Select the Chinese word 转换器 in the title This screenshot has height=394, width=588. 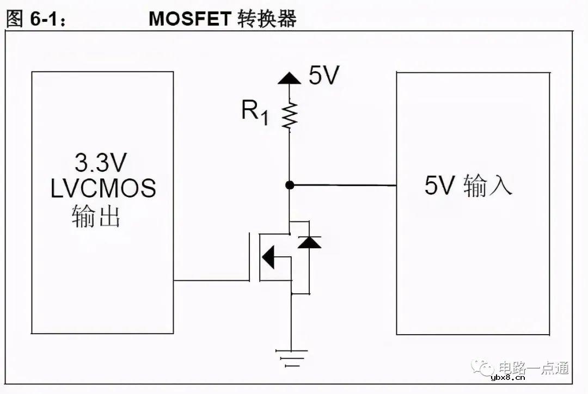point(267,19)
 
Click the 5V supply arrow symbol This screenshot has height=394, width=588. point(289,78)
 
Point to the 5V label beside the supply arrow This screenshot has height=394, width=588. point(324,76)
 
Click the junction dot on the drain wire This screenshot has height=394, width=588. point(290,185)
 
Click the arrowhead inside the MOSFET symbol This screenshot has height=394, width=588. point(268,257)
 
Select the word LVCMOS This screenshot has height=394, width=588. point(103,188)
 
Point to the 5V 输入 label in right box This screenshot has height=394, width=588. point(468,186)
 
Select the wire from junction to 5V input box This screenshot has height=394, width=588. point(343,185)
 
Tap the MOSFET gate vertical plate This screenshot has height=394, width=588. point(250,256)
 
